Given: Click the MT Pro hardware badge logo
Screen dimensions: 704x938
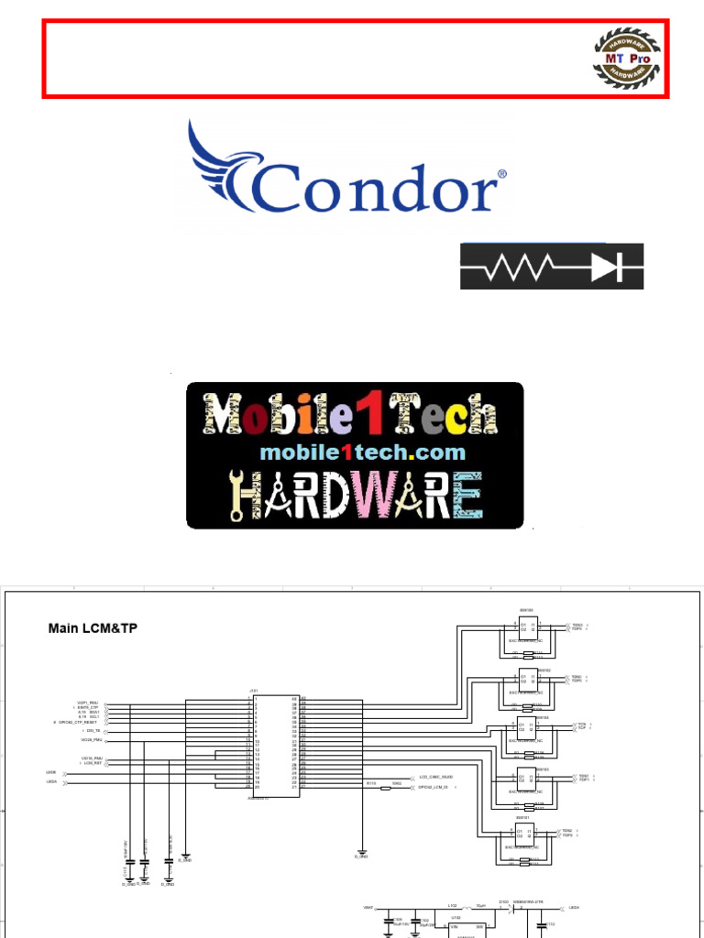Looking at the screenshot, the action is (x=627, y=58).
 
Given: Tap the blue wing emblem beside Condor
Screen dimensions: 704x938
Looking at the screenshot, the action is (x=220, y=165).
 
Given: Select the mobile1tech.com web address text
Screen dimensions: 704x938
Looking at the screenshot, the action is (x=362, y=453).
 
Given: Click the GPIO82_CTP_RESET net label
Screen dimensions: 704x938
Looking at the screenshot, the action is (x=79, y=723).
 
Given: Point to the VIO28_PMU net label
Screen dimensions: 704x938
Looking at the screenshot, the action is (x=90, y=739).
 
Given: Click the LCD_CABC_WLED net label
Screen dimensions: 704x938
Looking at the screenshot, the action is (x=435, y=777).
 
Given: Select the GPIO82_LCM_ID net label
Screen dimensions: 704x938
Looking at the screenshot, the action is (x=436, y=787).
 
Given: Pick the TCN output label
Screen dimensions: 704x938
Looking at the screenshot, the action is (x=580, y=724).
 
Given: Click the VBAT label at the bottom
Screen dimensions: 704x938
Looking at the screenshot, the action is (x=368, y=907).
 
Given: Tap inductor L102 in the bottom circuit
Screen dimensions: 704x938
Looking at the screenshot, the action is (x=453, y=908).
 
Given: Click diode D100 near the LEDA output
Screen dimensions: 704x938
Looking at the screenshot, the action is (x=504, y=907).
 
